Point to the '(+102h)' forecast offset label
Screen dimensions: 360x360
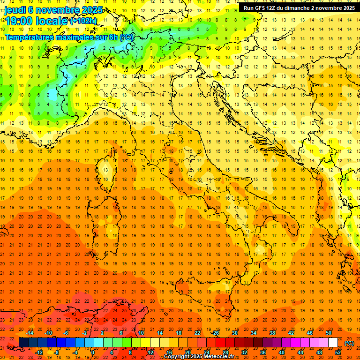(x=83, y=21)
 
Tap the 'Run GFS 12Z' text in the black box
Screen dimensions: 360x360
(x=260, y=7)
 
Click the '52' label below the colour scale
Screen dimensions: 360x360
(x=338, y=352)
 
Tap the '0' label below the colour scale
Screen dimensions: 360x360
(x=93, y=352)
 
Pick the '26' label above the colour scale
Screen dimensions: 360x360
(x=216, y=333)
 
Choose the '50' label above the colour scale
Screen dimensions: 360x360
(x=329, y=333)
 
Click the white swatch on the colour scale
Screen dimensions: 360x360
(x=333, y=343)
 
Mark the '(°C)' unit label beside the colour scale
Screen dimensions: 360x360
(x=349, y=343)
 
